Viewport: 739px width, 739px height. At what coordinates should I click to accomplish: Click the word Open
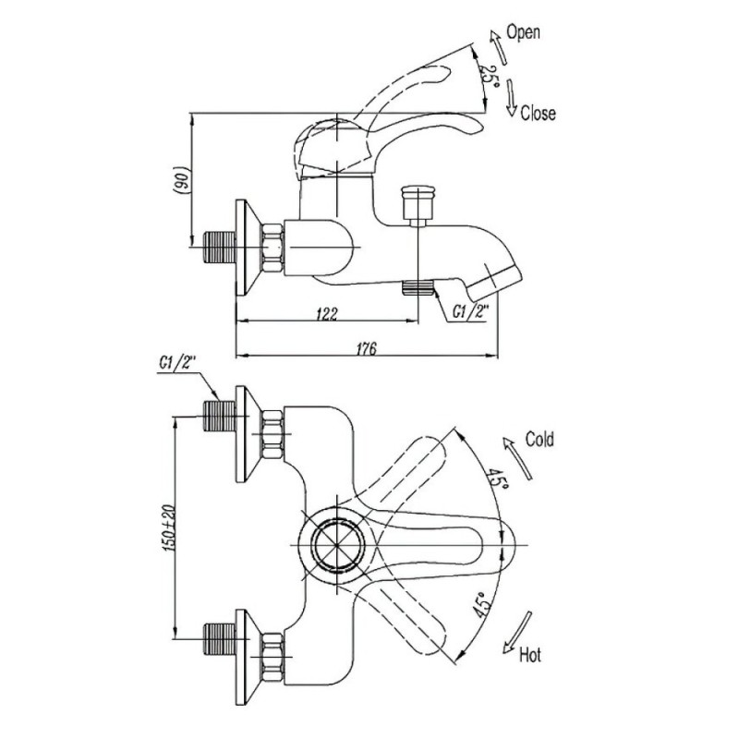pos(523,32)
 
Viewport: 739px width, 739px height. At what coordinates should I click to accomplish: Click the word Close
pos(538,113)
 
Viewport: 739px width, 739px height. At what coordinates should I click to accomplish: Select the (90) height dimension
pos(182,179)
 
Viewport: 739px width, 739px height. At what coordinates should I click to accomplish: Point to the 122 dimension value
pos(327,313)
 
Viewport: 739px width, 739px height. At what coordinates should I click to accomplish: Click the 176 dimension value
pos(366,349)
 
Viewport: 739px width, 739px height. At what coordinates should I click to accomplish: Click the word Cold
pos(539,440)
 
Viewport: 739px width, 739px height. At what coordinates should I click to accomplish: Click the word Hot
pos(530,655)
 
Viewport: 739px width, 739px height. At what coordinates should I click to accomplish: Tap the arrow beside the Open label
pos(498,47)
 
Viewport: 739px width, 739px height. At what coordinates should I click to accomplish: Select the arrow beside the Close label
pos(511,97)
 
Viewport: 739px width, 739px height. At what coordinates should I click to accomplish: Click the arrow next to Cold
pos(517,458)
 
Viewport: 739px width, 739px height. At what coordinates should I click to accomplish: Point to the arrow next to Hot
pos(517,632)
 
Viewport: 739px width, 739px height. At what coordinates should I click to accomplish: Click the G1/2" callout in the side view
pos(470,311)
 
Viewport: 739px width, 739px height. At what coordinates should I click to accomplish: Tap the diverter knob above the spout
pos(418,202)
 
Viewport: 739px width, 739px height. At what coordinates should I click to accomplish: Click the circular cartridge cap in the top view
pos(337,543)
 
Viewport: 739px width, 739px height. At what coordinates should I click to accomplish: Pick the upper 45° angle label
pos(497,479)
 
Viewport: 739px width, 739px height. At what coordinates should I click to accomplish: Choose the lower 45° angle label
pos(482,605)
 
